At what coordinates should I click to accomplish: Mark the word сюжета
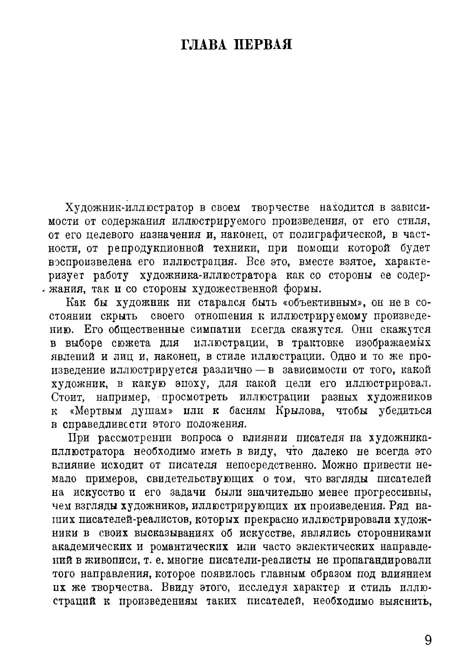pos(131,343)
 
